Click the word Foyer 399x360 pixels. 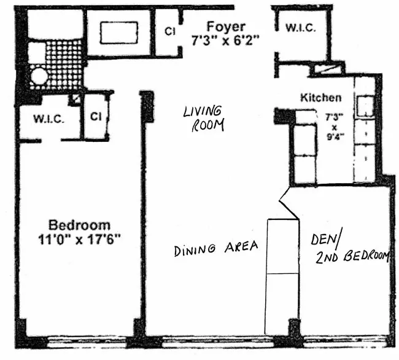(226, 26)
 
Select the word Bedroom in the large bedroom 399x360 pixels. (80, 225)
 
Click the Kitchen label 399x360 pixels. (320, 98)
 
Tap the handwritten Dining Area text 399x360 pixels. (215, 249)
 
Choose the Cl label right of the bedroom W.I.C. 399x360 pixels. (95, 116)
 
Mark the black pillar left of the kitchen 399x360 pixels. (284, 115)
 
